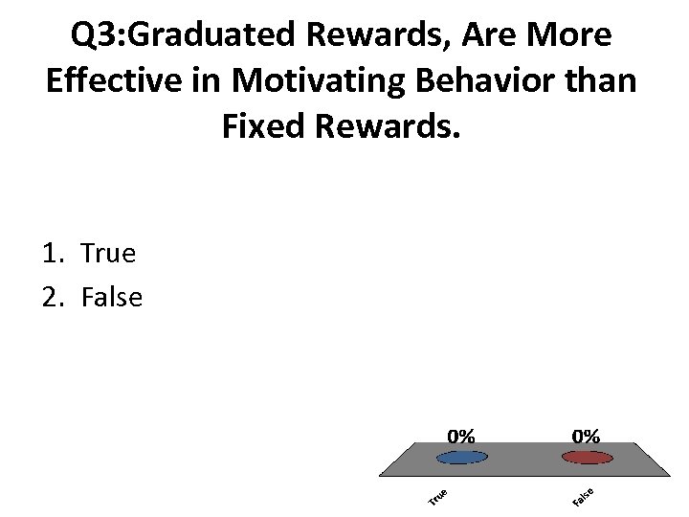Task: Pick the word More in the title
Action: point(571,36)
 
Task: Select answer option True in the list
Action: point(108,254)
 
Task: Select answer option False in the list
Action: point(111,298)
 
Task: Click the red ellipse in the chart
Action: point(586,457)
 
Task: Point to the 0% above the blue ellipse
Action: point(460,435)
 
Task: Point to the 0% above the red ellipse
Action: point(586,435)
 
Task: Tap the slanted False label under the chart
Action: point(584,497)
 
